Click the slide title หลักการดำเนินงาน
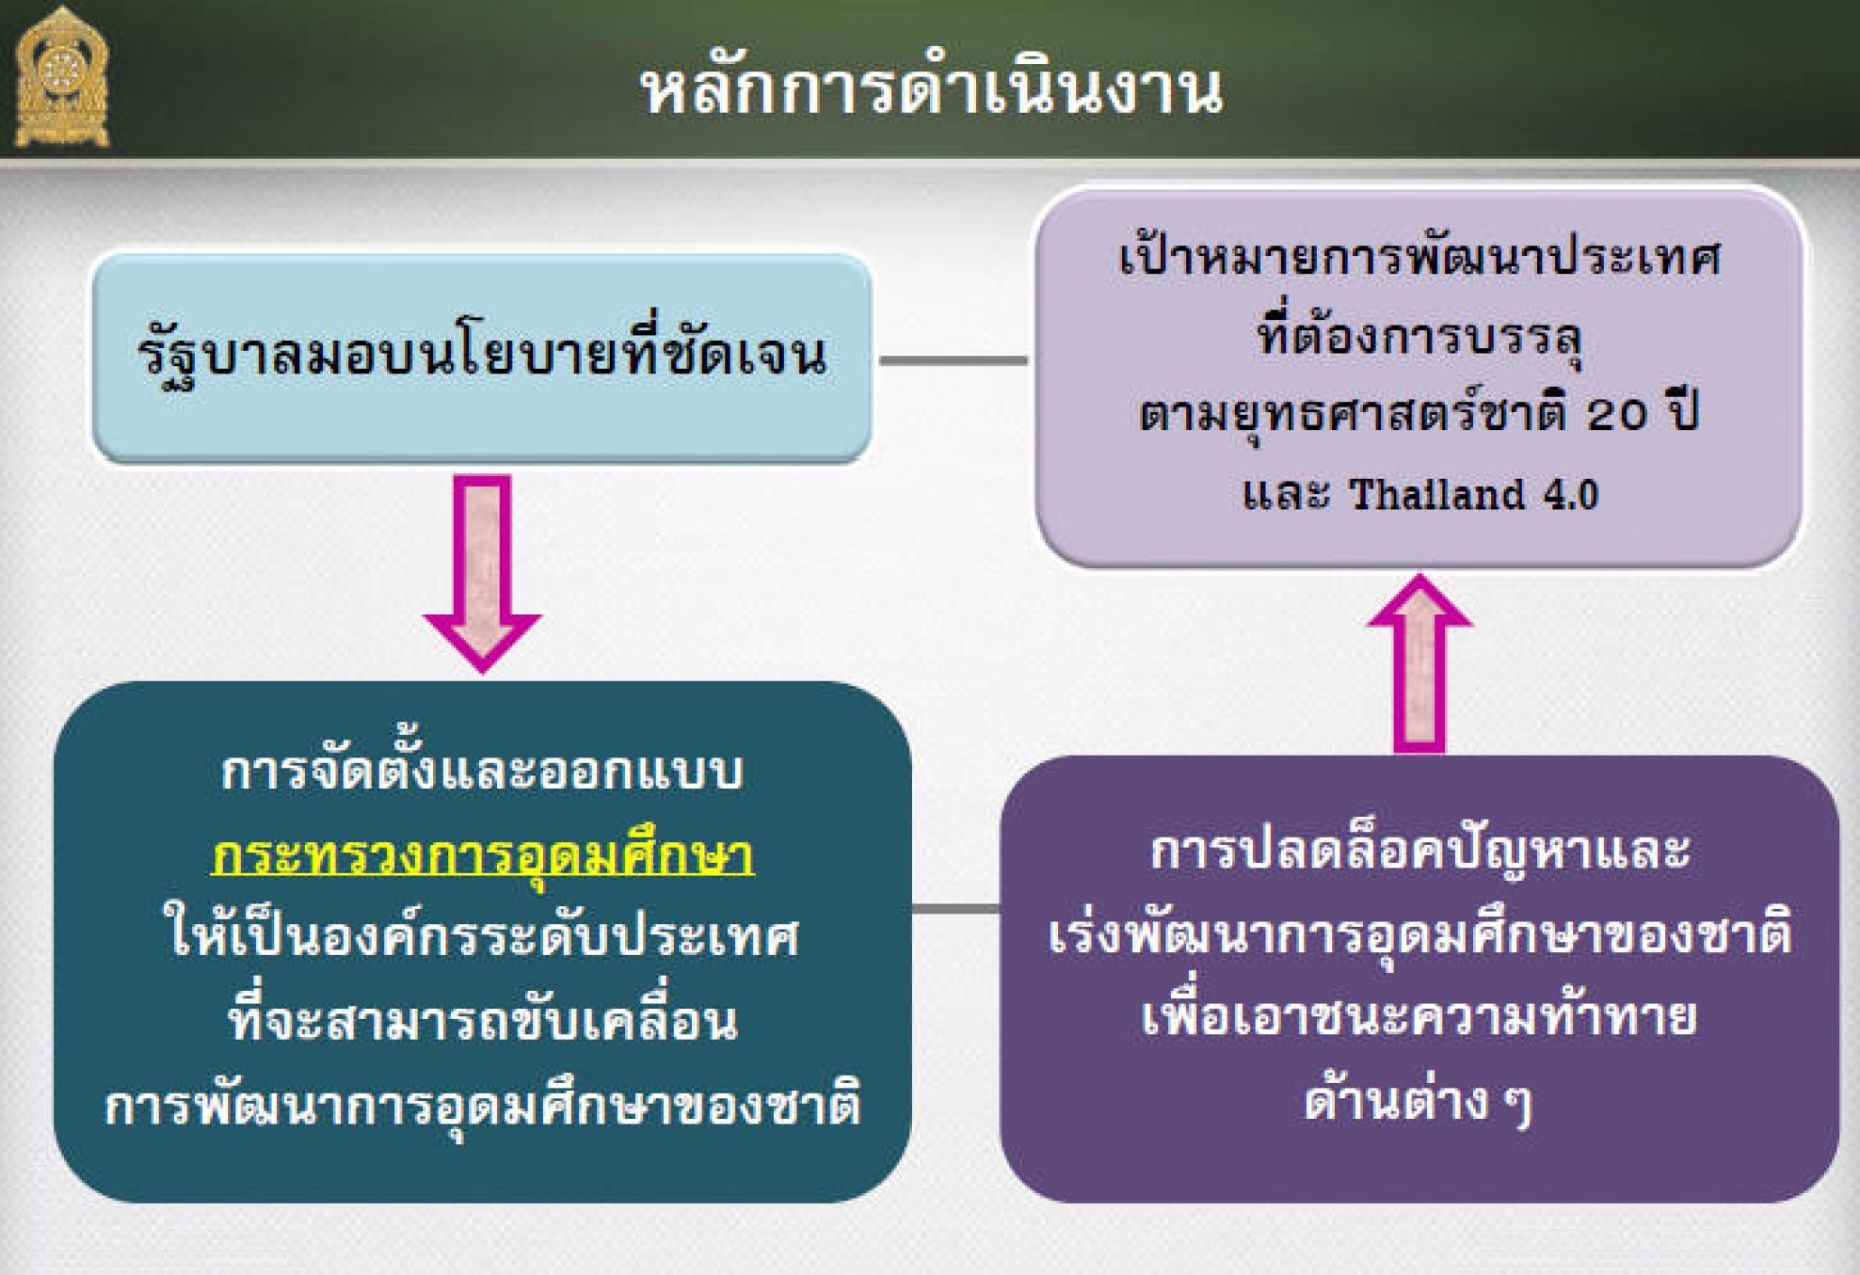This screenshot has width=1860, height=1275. coord(932,89)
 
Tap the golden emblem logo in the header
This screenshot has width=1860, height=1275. coord(62,76)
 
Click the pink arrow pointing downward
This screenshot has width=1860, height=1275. coord(482,572)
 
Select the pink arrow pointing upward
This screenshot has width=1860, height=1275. coord(1419,662)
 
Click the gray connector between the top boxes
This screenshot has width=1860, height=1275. coord(954,359)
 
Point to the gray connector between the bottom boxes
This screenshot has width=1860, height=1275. coord(955,908)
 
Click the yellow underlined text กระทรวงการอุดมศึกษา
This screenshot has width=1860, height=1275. coord(483,854)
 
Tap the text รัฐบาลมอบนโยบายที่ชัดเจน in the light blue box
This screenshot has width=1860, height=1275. coord(482,356)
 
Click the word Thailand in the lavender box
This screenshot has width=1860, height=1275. coord(1436,494)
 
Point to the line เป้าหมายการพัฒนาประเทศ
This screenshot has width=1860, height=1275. coord(1420,255)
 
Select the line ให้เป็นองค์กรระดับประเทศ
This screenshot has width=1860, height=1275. coord(482,936)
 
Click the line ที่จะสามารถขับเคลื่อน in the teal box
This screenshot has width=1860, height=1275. coord(483,1018)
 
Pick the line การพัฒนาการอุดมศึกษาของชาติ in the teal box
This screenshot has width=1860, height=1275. coord(483,1103)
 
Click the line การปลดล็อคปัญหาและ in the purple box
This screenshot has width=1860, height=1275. coord(1420,850)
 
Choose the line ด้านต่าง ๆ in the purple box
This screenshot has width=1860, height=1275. coord(1419,1099)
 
